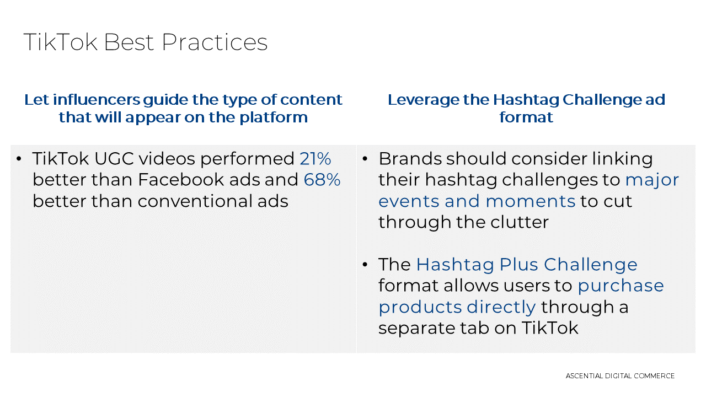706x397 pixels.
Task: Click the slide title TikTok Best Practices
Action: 145,42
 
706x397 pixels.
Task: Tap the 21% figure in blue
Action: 315,159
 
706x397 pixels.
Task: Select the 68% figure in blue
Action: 322,180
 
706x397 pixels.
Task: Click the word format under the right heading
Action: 526,117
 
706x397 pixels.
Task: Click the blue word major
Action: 652,180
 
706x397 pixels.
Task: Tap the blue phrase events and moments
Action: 477,201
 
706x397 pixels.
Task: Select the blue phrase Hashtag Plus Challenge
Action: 527,265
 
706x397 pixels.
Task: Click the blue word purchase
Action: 621,286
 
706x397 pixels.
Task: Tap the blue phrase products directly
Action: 457,307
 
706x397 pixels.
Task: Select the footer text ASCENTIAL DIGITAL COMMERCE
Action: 620,376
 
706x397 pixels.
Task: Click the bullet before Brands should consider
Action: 365,159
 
